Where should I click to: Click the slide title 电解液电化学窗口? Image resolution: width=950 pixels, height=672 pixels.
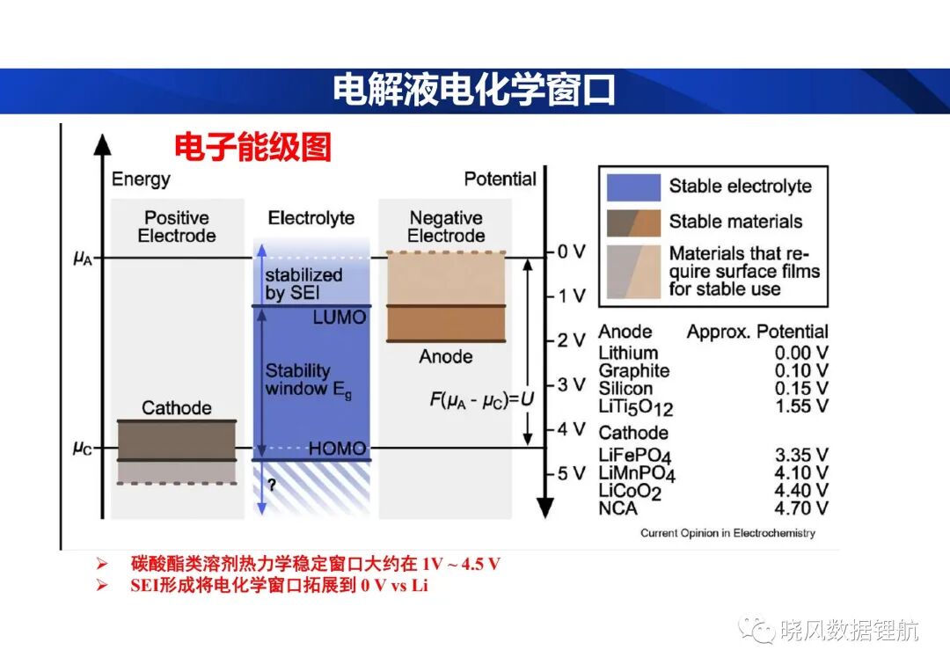[x=474, y=91]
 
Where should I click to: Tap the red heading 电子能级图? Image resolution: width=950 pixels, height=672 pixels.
[x=253, y=147]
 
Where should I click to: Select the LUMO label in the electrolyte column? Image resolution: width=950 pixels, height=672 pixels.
[x=340, y=317]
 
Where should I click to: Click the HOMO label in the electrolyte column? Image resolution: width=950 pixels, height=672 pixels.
[x=338, y=448]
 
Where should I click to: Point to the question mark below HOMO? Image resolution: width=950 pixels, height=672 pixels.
[x=272, y=485]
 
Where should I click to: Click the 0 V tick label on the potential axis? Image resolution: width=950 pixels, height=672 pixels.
[x=572, y=252]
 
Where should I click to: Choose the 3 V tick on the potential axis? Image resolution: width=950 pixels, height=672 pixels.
[x=572, y=384]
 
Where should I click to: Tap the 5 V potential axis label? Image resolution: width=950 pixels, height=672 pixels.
[x=572, y=473]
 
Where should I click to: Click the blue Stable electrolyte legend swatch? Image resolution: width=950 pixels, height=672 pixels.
[x=633, y=187]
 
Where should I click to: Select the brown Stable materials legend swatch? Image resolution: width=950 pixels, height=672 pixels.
[x=633, y=223]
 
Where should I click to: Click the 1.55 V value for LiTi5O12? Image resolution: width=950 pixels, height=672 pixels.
[x=801, y=406]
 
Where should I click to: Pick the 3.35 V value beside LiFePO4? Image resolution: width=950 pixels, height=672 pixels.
[x=801, y=455]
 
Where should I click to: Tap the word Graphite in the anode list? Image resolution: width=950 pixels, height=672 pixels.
[x=633, y=371]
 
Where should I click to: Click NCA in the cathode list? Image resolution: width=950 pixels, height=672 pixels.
[x=617, y=508]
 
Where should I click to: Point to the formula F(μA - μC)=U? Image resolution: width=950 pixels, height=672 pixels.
[x=482, y=399]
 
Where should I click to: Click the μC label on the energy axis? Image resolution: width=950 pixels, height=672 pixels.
[x=83, y=448]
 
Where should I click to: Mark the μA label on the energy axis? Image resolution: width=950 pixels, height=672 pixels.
[x=83, y=258]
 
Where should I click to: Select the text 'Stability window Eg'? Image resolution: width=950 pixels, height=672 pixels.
[x=309, y=380]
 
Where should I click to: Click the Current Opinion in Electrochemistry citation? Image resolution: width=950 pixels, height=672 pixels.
[x=727, y=533]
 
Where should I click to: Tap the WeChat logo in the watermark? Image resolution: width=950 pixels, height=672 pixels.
[x=756, y=630]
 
